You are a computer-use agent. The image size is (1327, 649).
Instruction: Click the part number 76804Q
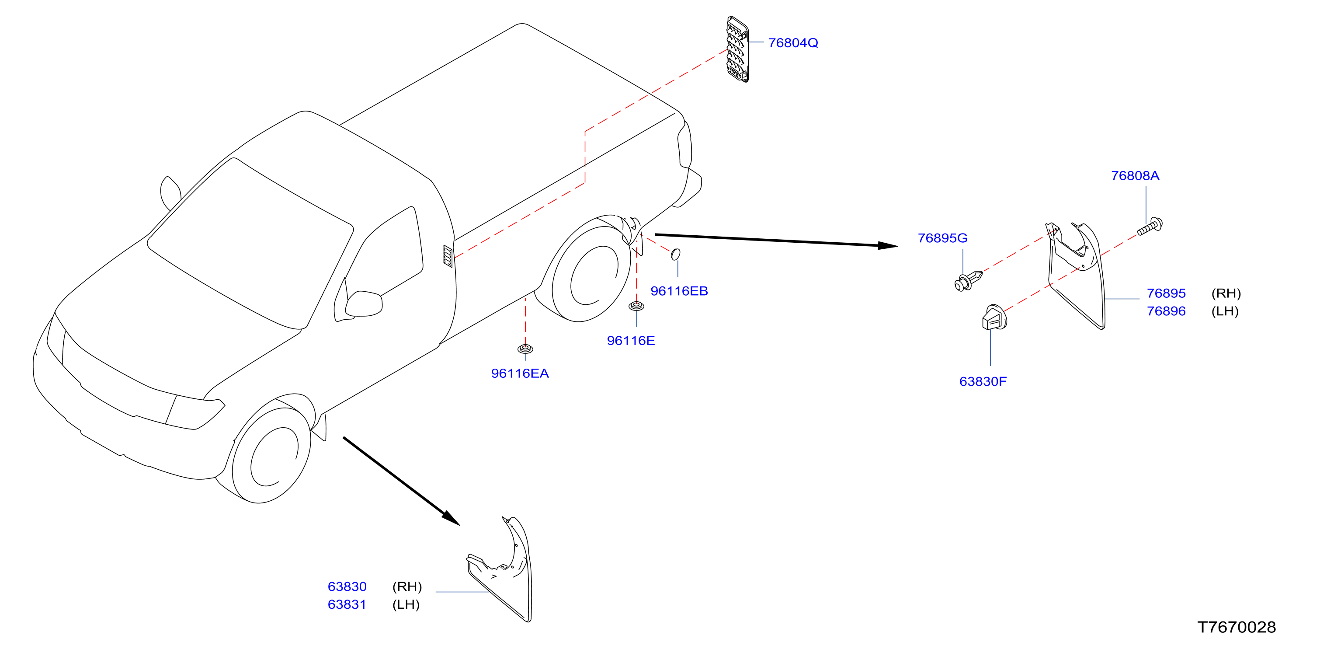point(793,43)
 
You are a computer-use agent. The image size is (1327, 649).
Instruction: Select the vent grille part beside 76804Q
point(737,49)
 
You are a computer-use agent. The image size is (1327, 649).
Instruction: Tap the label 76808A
point(1135,176)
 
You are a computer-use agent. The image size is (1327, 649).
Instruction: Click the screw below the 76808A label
point(1149,227)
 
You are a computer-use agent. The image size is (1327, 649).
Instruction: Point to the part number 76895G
point(942,238)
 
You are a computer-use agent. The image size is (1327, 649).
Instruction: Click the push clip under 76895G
point(969,280)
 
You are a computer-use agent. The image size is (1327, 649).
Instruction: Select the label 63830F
point(983,381)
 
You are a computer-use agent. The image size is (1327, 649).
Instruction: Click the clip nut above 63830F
point(994,317)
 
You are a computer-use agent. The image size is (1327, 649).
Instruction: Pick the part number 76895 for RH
point(1166,293)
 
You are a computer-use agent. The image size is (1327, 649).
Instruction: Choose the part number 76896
point(1166,311)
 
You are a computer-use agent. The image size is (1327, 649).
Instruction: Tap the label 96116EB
point(679,291)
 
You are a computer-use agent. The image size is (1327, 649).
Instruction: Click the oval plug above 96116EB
point(675,254)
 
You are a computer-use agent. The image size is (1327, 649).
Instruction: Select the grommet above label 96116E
point(636,306)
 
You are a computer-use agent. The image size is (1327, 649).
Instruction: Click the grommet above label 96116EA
point(525,349)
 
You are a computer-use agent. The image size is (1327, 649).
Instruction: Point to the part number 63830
point(347,586)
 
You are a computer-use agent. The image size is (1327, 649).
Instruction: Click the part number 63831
point(347,605)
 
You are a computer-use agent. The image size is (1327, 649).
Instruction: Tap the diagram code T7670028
point(1237,627)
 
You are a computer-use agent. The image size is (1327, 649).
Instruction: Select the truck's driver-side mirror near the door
point(364,304)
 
